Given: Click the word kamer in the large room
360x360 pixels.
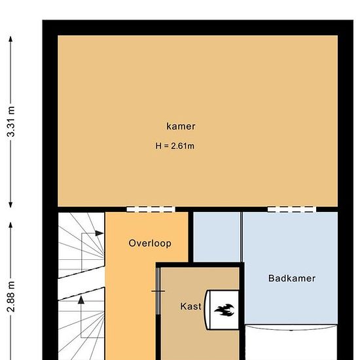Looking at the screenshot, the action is click(x=181, y=126).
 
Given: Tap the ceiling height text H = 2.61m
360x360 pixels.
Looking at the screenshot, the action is click(x=175, y=146).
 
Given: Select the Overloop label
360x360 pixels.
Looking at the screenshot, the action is click(x=150, y=243).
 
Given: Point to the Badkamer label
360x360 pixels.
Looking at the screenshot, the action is click(x=292, y=278).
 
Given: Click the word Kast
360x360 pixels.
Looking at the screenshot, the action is click(x=190, y=306).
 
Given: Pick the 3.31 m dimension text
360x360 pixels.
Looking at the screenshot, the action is click(x=10, y=122).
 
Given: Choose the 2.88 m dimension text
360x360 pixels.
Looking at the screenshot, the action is click(x=10, y=297).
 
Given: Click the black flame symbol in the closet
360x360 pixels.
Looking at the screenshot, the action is click(x=225, y=310).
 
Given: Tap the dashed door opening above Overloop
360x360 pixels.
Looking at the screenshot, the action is click(x=151, y=209).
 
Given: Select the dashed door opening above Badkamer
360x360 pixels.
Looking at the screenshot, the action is click(x=292, y=209).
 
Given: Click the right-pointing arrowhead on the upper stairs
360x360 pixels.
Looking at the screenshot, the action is click(x=99, y=233).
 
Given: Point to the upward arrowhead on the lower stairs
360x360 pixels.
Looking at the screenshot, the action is click(x=81, y=300).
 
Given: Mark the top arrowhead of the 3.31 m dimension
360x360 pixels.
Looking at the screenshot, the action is click(x=10, y=39).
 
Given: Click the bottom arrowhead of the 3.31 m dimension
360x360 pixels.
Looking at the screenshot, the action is click(x=10, y=205).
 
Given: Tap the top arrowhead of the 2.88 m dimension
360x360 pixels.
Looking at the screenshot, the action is click(x=10, y=225).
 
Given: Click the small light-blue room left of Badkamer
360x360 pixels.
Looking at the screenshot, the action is click(x=217, y=237).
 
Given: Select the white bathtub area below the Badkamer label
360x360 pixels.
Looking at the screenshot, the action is click(x=291, y=342).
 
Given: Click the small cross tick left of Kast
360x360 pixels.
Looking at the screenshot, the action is click(x=158, y=291).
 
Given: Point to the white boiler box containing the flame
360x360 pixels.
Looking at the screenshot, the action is click(x=221, y=310).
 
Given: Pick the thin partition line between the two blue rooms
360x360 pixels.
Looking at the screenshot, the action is click(x=242, y=237).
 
